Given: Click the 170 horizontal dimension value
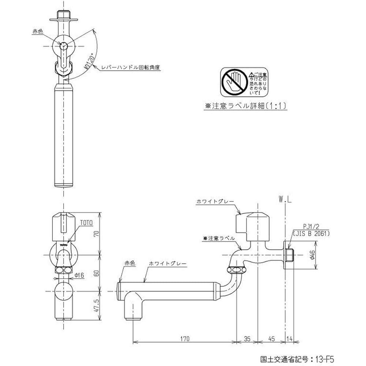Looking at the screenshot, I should [x=185, y=339].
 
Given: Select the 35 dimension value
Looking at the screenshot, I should [x=247, y=339].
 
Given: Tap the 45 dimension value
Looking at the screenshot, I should [x=272, y=339].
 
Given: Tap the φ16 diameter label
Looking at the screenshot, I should [x=80, y=275].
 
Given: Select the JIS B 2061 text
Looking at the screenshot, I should [x=311, y=233].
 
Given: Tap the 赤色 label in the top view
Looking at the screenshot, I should [x=38, y=32].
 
